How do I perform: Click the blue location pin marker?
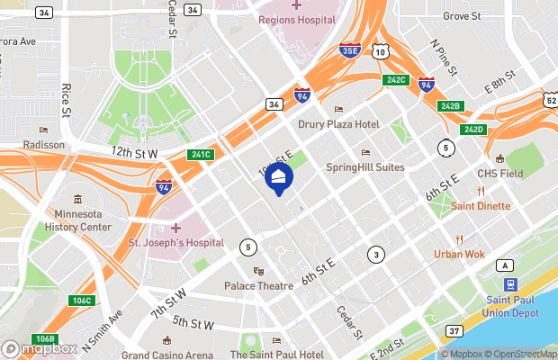point(278,179)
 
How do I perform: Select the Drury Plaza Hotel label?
point(338,124)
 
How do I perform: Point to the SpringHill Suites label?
point(364,166)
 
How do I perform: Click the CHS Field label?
point(499,173)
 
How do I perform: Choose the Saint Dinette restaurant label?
point(481,206)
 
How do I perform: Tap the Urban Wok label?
point(459,254)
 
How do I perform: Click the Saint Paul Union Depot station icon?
point(510,283)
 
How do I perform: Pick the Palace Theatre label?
point(259,285)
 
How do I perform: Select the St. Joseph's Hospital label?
point(175,242)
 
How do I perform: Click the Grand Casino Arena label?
point(167,355)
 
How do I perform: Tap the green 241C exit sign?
point(201,154)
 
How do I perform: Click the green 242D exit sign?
point(473,130)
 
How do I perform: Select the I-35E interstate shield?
point(351,53)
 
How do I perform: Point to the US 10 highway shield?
point(382,53)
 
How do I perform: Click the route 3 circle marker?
point(375,255)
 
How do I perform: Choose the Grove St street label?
point(462,16)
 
